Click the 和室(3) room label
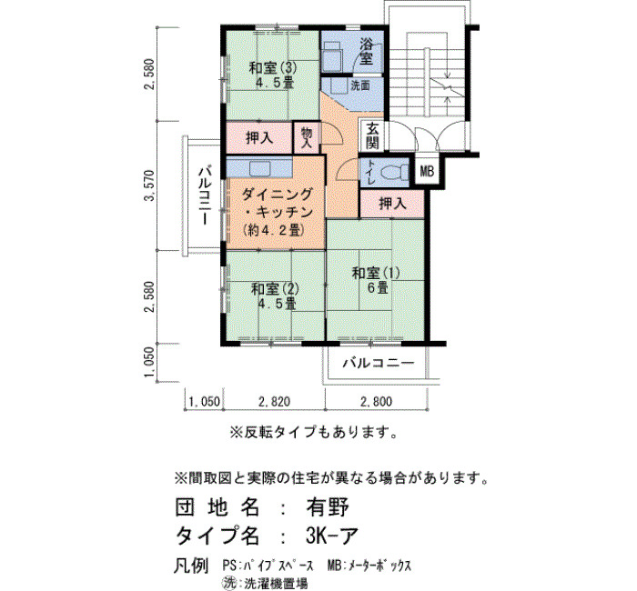point(273,67)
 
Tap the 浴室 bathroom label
point(366,51)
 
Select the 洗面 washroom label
point(360,85)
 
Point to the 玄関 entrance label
point(372,135)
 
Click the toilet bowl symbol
point(395,173)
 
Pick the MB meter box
point(427,171)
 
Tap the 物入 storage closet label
point(307,137)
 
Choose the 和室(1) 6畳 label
point(376,280)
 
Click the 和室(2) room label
point(275,289)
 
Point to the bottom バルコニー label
point(379,363)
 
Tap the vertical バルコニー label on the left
point(205,195)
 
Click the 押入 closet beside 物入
point(259,138)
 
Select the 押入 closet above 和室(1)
point(392,203)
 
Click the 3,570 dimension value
point(151,185)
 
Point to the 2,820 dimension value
point(275,402)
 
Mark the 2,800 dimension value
point(376,402)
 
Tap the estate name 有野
point(328,507)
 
